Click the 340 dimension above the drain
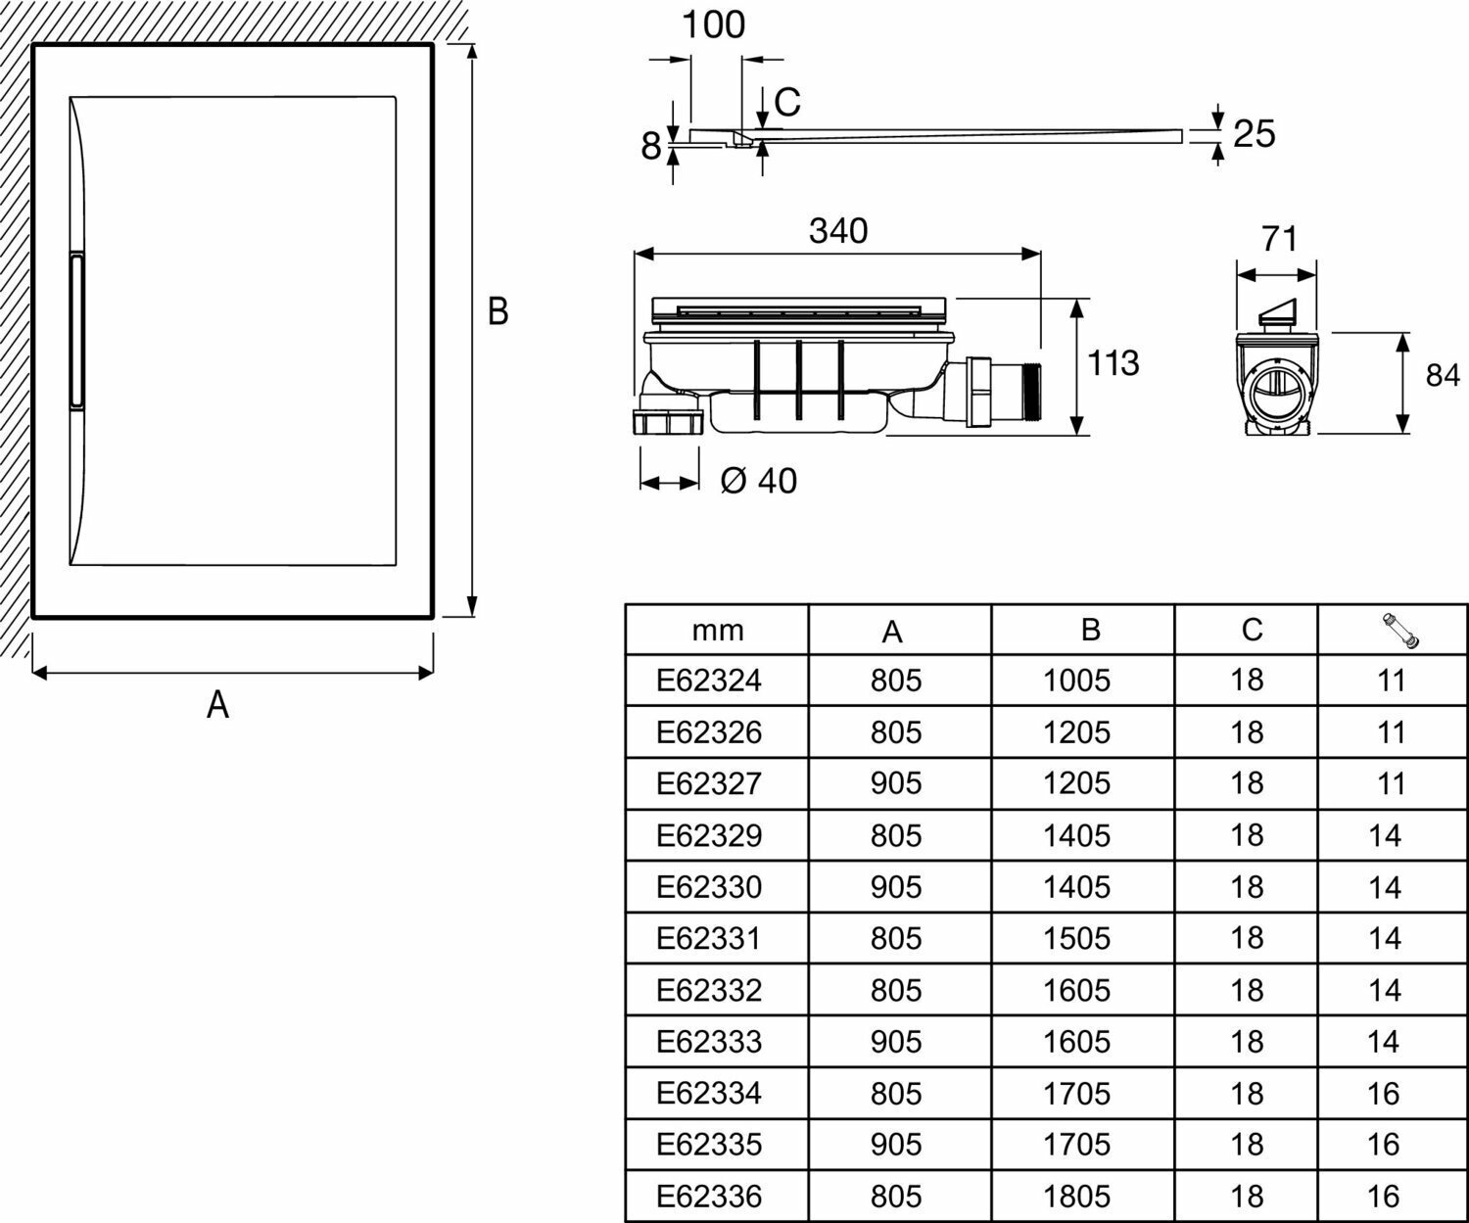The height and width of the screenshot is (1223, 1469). point(838,231)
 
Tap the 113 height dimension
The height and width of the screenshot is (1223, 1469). point(1114,363)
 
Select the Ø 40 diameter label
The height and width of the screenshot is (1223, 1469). point(758,481)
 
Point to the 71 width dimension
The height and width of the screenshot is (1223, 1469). point(1279,238)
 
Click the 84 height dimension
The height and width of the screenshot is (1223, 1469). point(1442,375)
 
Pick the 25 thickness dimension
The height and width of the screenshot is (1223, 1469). point(1254,134)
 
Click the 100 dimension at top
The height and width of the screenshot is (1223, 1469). point(713,24)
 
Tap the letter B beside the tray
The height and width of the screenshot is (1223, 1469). point(498,312)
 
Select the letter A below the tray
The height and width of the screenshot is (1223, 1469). point(217,704)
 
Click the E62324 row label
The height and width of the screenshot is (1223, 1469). point(708,680)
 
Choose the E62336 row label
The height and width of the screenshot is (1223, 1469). point(708,1196)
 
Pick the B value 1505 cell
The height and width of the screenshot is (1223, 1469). point(1077,938)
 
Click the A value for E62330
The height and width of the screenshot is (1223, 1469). point(896,887)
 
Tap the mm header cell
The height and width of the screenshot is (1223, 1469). point(718,631)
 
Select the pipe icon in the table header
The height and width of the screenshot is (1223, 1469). point(1400,632)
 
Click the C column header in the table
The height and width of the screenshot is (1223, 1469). point(1252,630)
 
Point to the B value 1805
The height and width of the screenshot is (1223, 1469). point(1077,1196)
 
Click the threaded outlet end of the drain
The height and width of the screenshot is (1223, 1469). point(1030,393)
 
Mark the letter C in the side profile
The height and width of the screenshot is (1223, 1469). point(787,100)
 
